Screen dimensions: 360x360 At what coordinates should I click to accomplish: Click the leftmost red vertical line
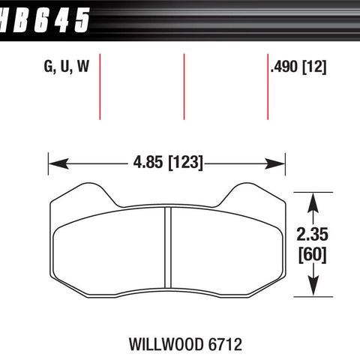(x=100, y=85)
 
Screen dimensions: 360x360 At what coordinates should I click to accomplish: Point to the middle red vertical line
(x=184, y=85)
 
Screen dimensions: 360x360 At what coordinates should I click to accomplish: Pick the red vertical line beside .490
(x=268, y=85)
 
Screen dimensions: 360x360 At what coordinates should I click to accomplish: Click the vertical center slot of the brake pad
(x=168, y=248)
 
